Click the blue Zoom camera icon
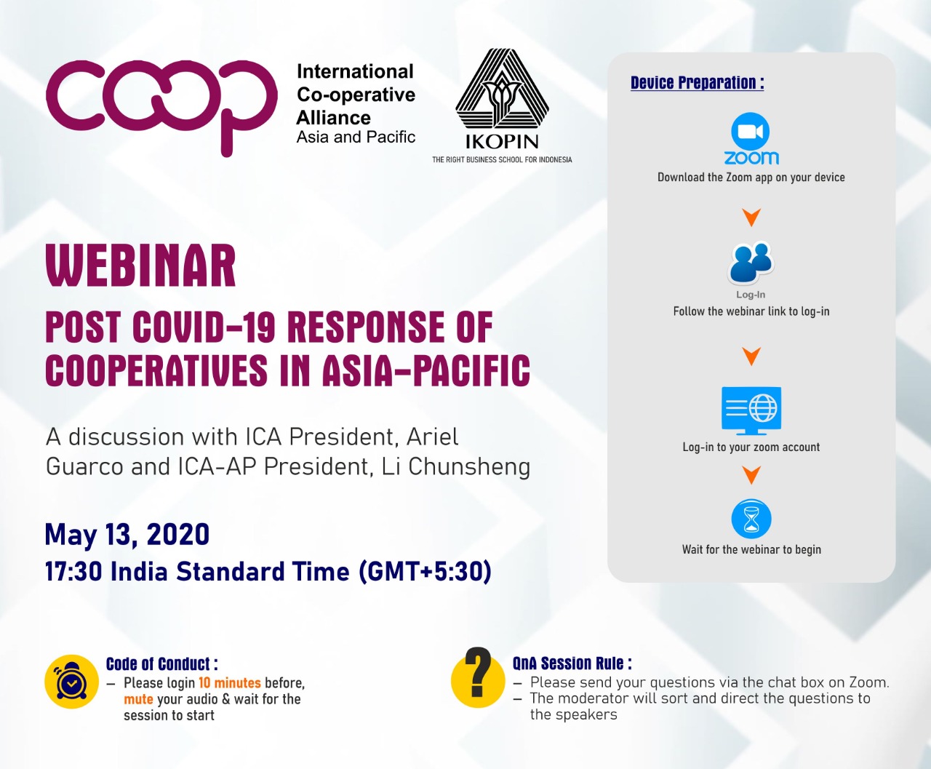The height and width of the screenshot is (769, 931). [x=751, y=132]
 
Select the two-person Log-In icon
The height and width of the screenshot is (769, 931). [x=751, y=263]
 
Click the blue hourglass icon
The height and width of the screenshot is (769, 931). [x=751, y=519]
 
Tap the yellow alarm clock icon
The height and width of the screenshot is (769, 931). [x=71, y=682]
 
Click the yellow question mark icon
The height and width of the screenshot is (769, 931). [x=478, y=679]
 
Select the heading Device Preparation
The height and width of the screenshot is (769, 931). [x=697, y=83]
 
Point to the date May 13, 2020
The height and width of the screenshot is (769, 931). [x=127, y=535]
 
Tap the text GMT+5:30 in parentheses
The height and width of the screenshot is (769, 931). [x=425, y=571]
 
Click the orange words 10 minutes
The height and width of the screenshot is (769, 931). [x=230, y=683]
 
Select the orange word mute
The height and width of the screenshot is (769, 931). [x=138, y=699]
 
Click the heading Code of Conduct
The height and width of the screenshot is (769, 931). [x=162, y=664]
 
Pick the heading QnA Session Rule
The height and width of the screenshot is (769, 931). [x=572, y=664]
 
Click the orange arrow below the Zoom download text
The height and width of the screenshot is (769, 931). [x=751, y=218]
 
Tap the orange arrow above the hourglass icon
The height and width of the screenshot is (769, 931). [x=751, y=475]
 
